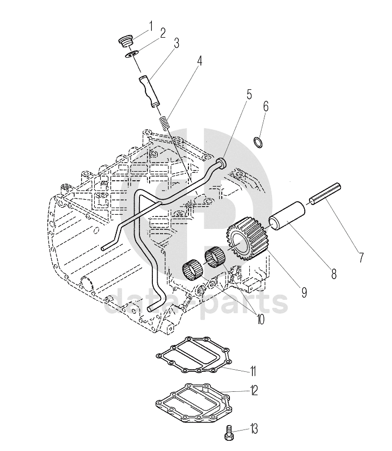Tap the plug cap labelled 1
[126, 41]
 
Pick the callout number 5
[249, 95]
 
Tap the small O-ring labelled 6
[258, 143]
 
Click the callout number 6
[265, 107]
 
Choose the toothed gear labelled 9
[248, 243]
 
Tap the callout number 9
[304, 293]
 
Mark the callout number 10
[261, 319]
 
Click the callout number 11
[253, 371]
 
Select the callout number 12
[254, 391]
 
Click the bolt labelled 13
[228, 433]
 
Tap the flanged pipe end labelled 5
[222, 163]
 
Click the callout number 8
[334, 274]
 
